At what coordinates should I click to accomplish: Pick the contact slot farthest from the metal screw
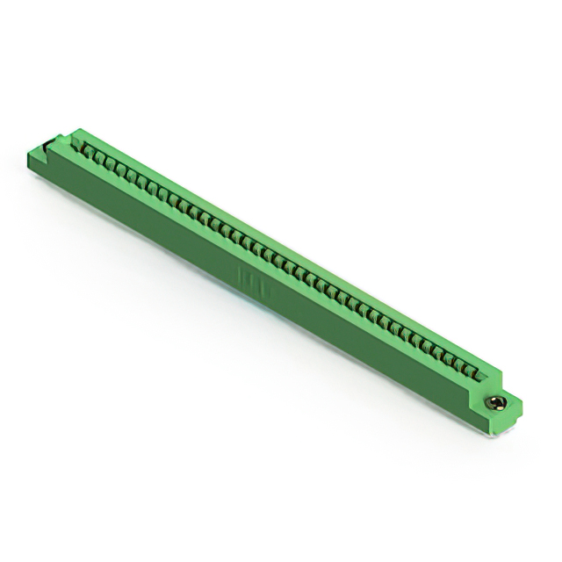click(88, 152)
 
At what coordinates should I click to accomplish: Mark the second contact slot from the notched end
click(99, 158)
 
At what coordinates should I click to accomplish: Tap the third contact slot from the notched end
click(111, 164)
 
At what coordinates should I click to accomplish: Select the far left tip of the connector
click(30, 156)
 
